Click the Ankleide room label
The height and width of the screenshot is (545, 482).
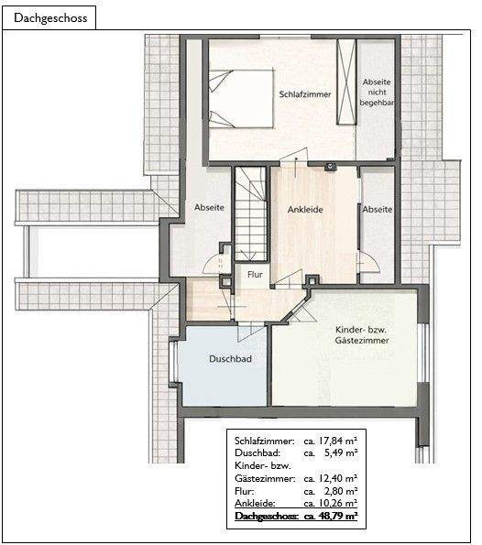point(305,210)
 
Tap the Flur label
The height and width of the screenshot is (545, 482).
point(255,274)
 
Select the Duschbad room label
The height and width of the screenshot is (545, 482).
point(225,358)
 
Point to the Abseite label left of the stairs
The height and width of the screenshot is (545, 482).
point(209,208)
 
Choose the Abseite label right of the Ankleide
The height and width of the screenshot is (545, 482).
point(377,210)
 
